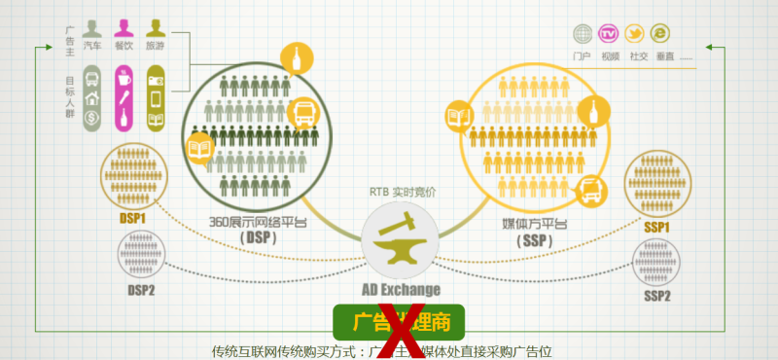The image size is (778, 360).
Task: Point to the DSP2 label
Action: tap(142, 289)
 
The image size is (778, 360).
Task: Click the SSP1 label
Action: tap(657, 227)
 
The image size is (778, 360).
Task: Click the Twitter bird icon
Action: tap(636, 34)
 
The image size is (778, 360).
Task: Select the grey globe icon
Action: tap(583, 34)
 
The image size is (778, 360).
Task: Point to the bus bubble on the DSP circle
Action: tap(302, 115)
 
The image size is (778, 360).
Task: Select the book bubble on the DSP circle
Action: tap(198, 150)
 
